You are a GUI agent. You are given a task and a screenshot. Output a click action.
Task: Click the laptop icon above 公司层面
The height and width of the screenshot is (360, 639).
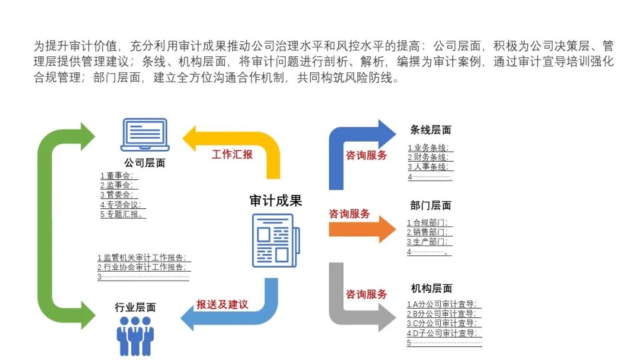145,135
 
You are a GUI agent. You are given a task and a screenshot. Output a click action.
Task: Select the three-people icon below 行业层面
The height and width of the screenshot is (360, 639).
135,336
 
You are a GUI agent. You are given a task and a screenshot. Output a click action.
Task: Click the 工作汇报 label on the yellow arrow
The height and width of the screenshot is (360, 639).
232,155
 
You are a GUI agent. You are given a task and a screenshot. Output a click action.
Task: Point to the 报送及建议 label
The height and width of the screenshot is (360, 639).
222,305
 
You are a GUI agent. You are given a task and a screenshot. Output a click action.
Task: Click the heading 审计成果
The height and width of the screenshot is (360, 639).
276,201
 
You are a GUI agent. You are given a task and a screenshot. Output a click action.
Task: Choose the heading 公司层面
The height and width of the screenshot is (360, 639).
144,163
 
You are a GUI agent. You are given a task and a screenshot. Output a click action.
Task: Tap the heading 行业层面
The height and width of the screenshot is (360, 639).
135,307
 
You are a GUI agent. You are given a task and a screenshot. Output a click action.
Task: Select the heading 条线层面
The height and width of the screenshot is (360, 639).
431,130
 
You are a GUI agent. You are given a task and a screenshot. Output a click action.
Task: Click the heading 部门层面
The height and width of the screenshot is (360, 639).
431,205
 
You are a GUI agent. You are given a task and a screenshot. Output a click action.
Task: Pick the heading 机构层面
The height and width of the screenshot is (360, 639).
431,288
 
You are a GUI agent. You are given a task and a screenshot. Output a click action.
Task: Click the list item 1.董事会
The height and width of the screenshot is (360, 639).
119,176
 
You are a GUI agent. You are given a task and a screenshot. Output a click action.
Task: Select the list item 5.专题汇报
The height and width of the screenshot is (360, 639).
123,214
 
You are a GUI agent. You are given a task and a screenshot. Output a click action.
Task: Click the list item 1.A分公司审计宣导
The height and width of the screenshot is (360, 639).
442,304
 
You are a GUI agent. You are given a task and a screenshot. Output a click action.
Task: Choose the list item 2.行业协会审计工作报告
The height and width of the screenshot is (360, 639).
144,267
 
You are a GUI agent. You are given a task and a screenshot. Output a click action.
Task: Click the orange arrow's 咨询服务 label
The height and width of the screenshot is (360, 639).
350,214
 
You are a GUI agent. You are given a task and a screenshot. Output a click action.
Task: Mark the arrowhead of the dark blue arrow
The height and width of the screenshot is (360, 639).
386,131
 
